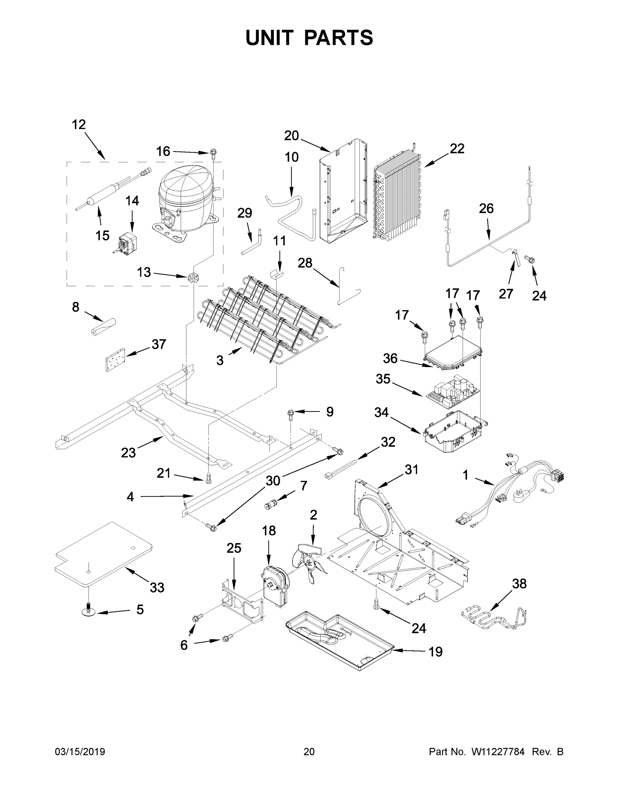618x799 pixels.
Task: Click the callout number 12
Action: (x=78, y=125)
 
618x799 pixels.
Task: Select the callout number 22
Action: (x=456, y=148)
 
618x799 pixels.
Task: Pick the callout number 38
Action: (x=519, y=584)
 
